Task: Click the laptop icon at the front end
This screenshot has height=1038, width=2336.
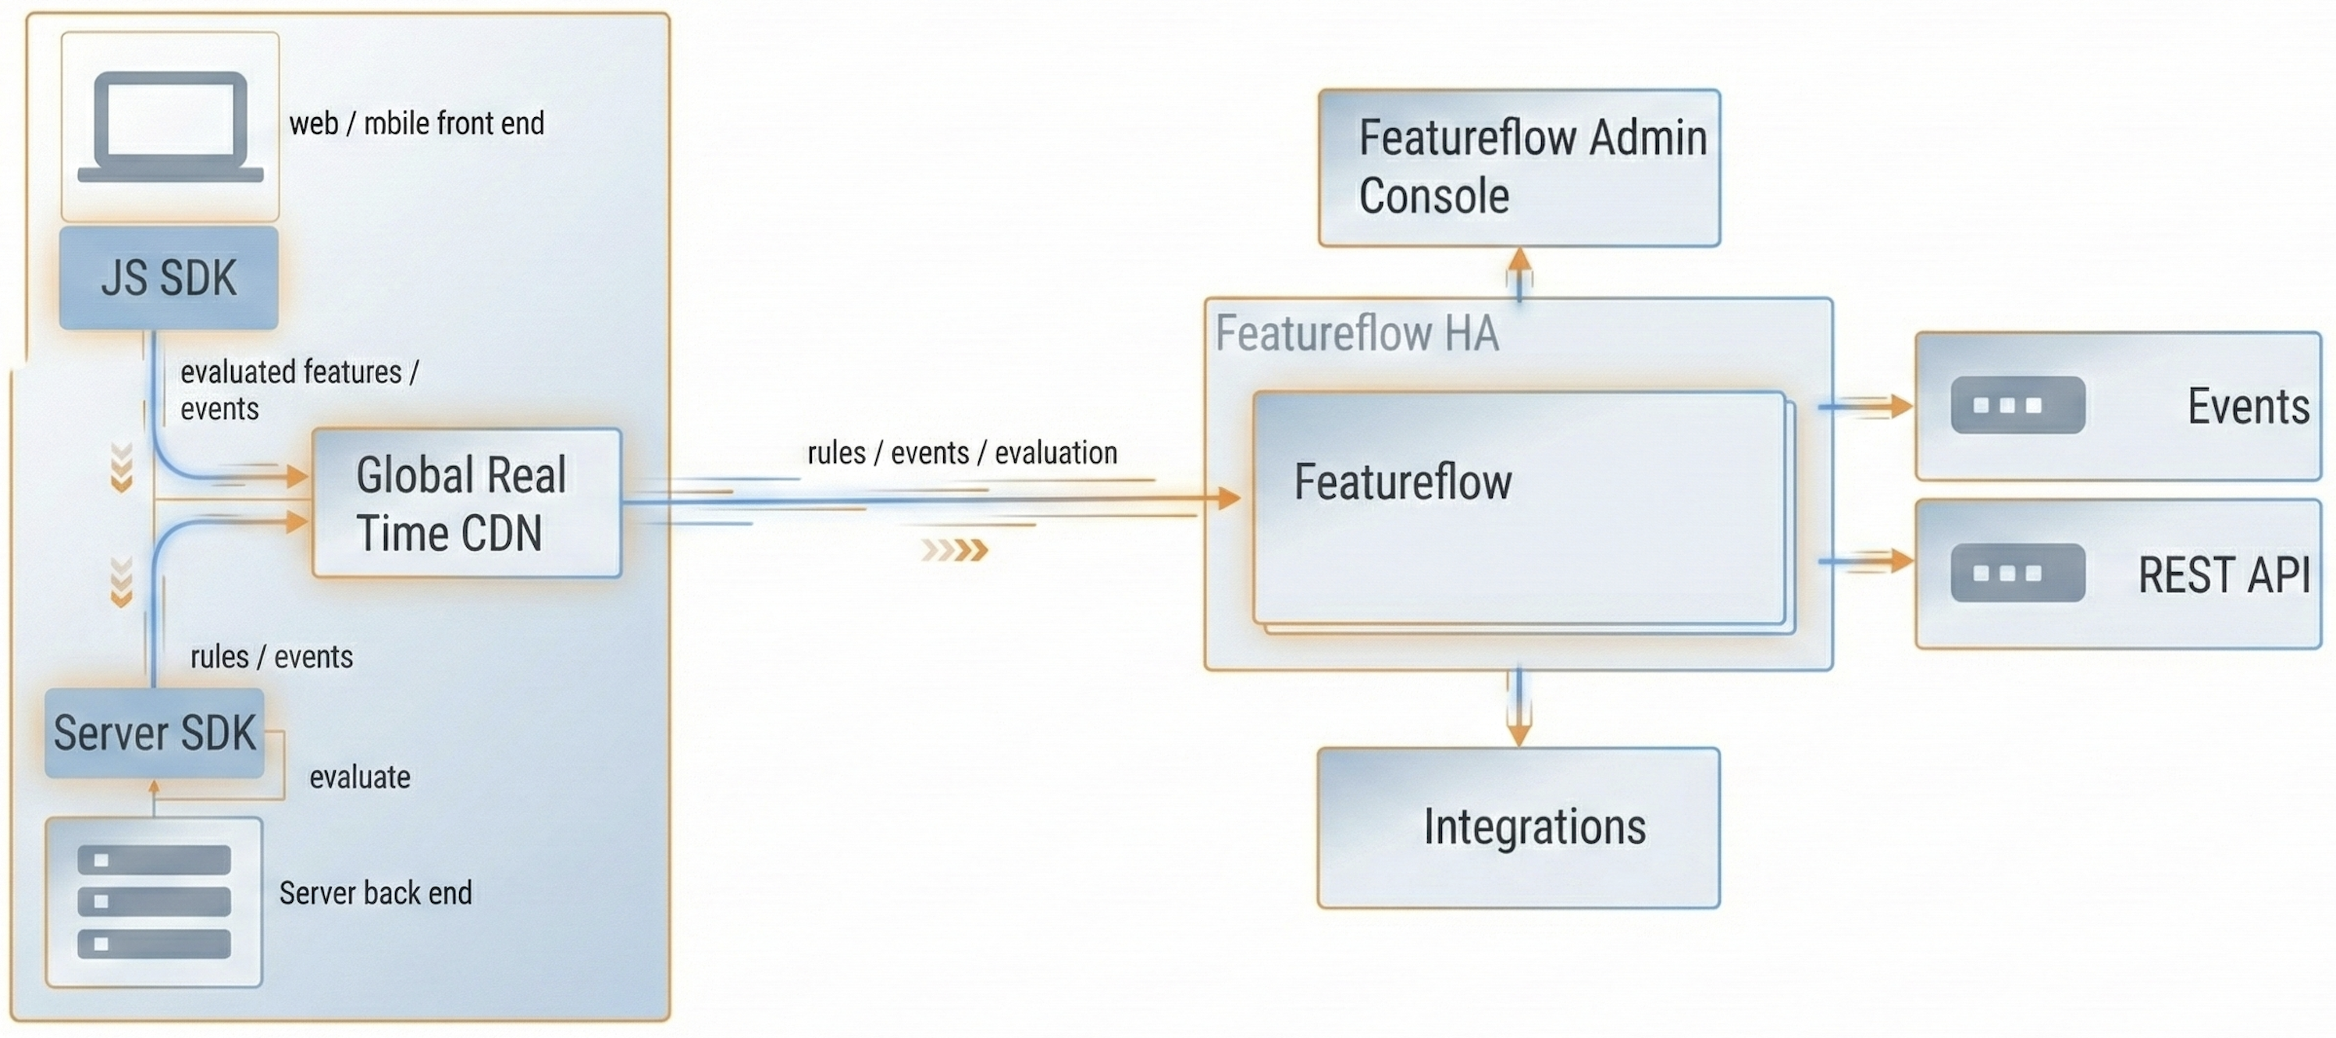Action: (170, 127)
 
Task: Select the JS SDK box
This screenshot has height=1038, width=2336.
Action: (169, 277)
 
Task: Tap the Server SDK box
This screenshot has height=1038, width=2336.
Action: (154, 733)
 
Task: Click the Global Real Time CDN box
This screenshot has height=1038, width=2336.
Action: (466, 503)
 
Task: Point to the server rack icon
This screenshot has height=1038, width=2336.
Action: (154, 901)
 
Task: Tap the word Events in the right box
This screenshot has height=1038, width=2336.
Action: (2248, 406)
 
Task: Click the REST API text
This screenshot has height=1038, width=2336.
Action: (2224, 574)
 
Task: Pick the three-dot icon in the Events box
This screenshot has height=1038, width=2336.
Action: (2017, 405)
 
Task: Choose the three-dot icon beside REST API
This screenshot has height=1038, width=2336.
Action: (2017, 573)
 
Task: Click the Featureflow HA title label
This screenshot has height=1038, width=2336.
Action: (1357, 333)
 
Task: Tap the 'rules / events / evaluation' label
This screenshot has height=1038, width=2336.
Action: (962, 453)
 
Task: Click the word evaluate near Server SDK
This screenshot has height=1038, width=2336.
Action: (360, 777)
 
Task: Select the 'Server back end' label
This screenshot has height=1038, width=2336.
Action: (376, 893)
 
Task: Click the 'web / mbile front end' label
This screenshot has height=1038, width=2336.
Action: (416, 123)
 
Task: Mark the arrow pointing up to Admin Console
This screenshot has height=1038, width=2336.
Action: (1520, 270)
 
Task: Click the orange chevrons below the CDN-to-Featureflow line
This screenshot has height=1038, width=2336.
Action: (954, 550)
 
